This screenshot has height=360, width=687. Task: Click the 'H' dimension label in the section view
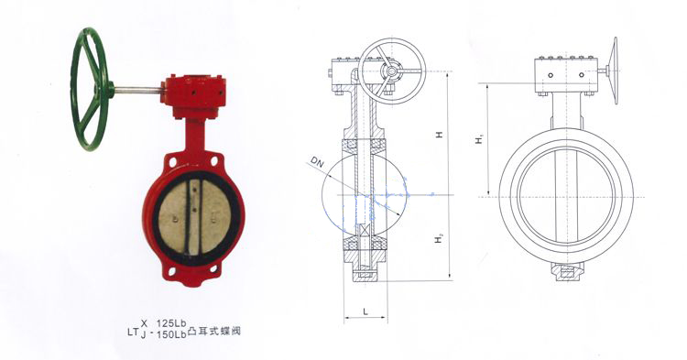click(x=439, y=136)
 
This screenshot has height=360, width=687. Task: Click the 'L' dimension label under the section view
click(x=365, y=311)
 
